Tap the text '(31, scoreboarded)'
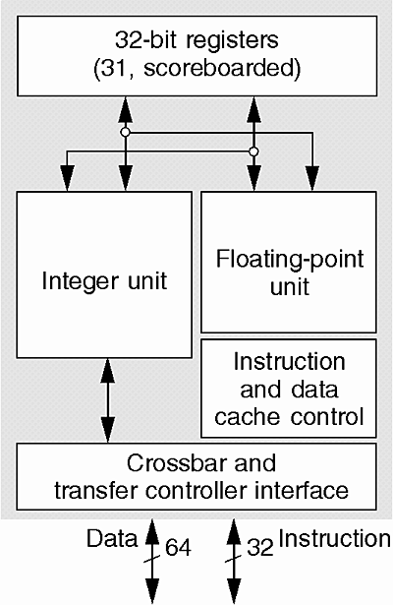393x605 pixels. click(196, 69)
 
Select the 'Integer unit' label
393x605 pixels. click(104, 281)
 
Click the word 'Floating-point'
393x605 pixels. click(290, 259)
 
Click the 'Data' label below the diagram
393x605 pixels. click(112, 539)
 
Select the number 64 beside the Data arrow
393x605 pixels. click(179, 547)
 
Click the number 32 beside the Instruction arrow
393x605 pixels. click(260, 547)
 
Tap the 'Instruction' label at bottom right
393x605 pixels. click(334, 539)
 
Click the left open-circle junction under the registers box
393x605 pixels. click(125, 133)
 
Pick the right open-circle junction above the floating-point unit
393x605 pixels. click(253, 151)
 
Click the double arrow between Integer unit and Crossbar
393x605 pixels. click(107, 400)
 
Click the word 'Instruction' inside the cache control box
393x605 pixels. click(290, 362)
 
